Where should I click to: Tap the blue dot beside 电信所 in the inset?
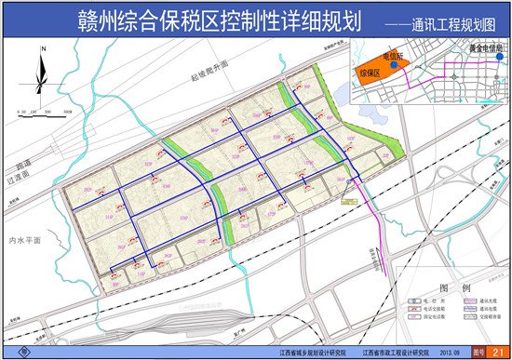tap(397, 66)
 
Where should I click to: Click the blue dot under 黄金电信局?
tap(500, 57)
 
